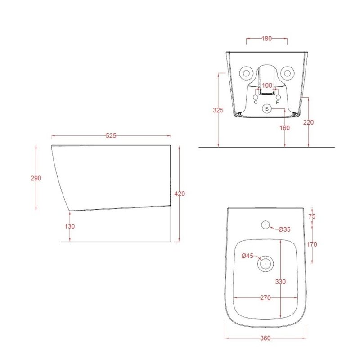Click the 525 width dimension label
pos(111,136)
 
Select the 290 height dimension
pos(36,178)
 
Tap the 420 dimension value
pos(180,194)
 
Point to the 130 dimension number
pos(70,226)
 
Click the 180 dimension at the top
pos(266,39)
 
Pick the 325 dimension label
pos(218,110)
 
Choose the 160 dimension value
pos(285,128)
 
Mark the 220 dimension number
pos(308,122)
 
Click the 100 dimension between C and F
pos(267,85)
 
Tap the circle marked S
pos(267,108)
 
